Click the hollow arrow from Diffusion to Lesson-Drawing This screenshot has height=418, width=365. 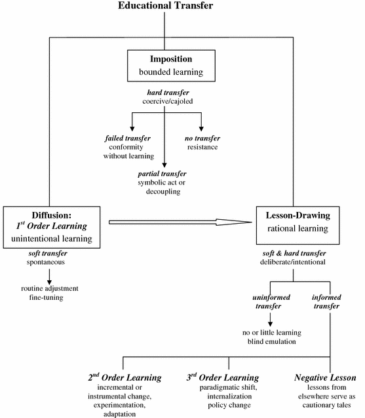click(x=180, y=222)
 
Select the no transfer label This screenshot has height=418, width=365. click(x=201, y=138)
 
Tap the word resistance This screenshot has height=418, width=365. click(x=201, y=148)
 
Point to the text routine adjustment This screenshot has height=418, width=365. click(x=50, y=287)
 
